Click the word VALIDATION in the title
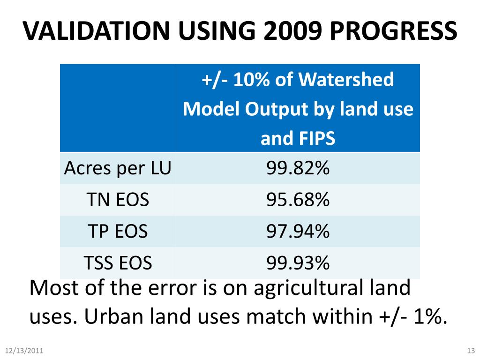click(x=94, y=31)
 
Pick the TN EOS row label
click(x=118, y=200)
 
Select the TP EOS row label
click(x=118, y=231)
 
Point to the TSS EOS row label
click(x=118, y=262)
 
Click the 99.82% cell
click(x=298, y=168)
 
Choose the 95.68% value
click(x=298, y=200)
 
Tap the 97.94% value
click(x=298, y=231)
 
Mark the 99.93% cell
click(x=298, y=262)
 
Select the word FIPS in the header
click(x=318, y=139)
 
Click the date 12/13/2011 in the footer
click(x=24, y=351)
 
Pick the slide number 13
click(x=471, y=351)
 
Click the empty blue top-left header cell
click(x=118, y=108)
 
